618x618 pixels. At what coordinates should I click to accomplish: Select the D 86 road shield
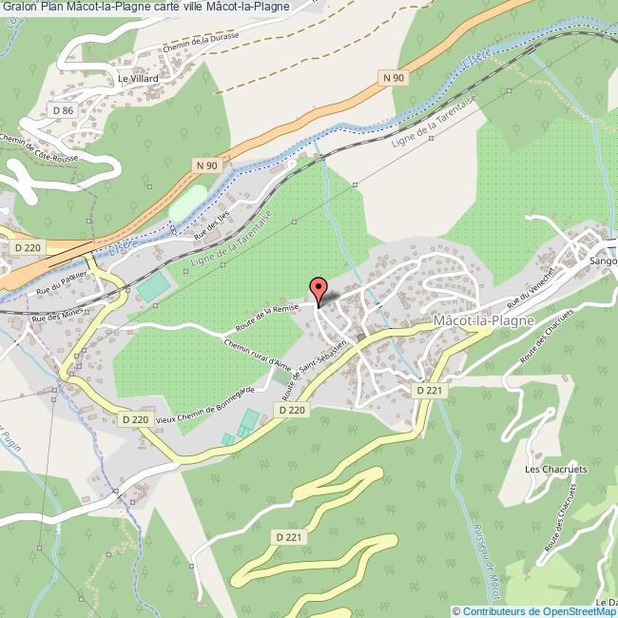(63, 110)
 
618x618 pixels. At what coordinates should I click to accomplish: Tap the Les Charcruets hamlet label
(556, 470)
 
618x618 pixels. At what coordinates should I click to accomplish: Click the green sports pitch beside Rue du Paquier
(149, 285)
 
